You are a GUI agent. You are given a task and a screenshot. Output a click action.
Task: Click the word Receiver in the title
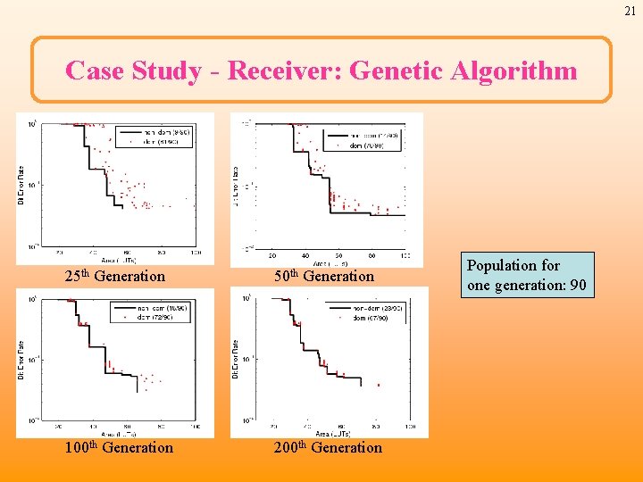(x=284, y=71)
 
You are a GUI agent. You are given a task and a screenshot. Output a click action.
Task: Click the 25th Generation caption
(x=115, y=277)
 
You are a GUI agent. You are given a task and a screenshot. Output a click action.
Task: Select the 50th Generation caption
(x=324, y=277)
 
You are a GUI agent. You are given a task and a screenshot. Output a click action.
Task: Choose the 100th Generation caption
(x=119, y=448)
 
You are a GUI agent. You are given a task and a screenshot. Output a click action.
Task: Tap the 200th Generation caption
(x=328, y=448)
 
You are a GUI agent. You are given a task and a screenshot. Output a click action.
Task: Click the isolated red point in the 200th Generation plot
(x=378, y=386)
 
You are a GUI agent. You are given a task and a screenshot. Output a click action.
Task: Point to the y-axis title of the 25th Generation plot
(x=21, y=187)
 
